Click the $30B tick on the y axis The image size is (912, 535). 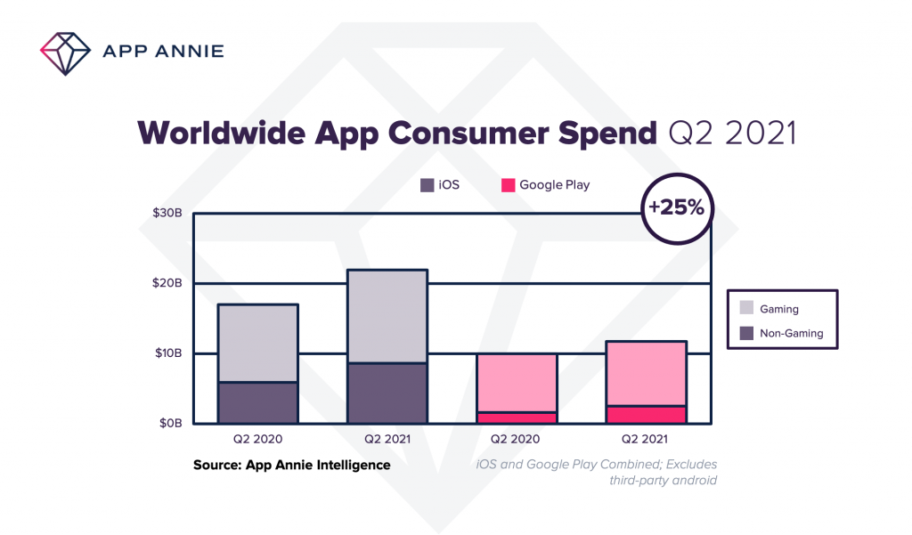pyautogui.click(x=167, y=214)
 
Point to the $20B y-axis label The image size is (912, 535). pyautogui.click(x=167, y=283)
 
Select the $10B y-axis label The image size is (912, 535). pyautogui.click(x=167, y=353)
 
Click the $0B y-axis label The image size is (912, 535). pyautogui.click(x=169, y=423)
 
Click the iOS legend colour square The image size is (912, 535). pyautogui.click(x=427, y=185)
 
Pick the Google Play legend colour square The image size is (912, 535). pyautogui.click(x=508, y=185)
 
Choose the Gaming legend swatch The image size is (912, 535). pyautogui.click(x=745, y=309)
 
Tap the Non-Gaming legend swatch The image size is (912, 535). pyautogui.click(x=745, y=334)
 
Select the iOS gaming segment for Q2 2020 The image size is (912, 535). pyautogui.click(x=258, y=344)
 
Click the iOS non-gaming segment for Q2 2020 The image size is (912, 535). pyautogui.click(x=258, y=402)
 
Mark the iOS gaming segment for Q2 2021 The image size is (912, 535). pyautogui.click(x=387, y=316)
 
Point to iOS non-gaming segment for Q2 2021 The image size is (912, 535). pyautogui.click(x=387, y=393)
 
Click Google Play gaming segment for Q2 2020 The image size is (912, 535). pyautogui.click(x=517, y=383)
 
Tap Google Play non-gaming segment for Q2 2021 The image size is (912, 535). pyautogui.click(x=647, y=414)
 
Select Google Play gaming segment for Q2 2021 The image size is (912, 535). pyautogui.click(x=647, y=373)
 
